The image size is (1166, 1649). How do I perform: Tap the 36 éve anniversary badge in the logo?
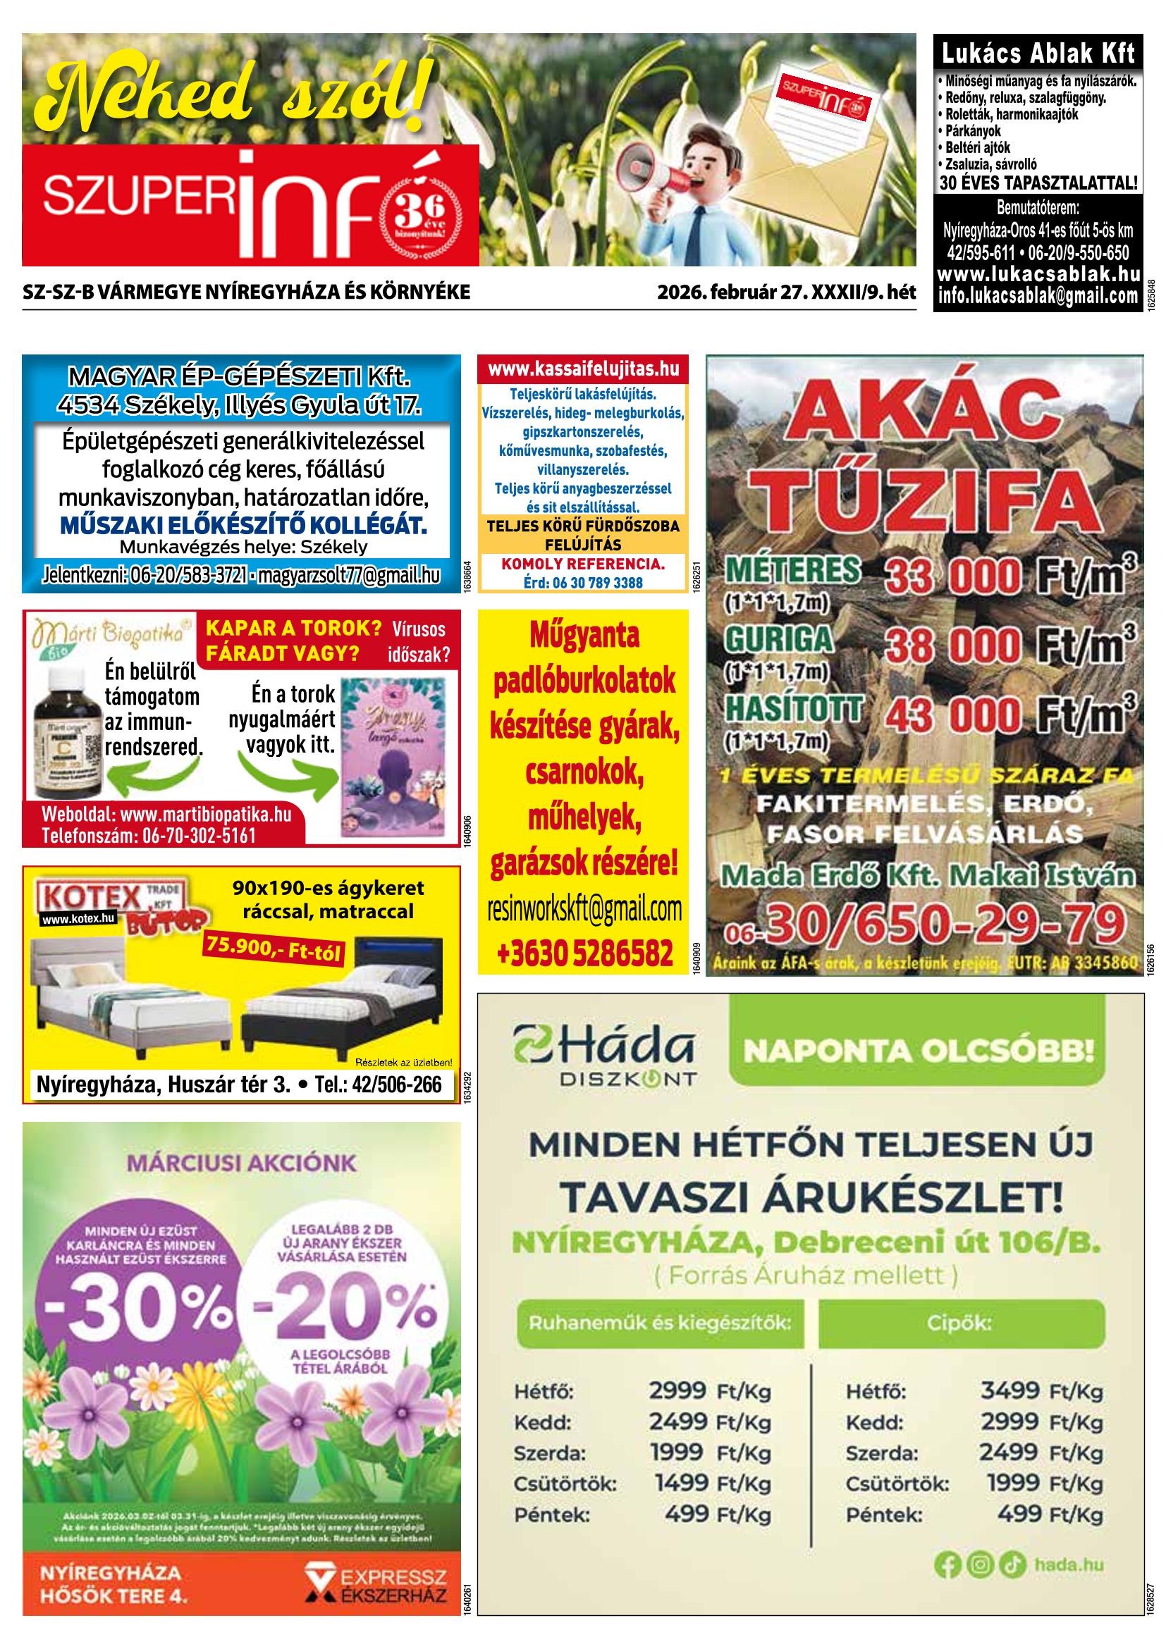click(x=421, y=216)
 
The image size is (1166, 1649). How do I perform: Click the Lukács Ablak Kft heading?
click(x=1038, y=53)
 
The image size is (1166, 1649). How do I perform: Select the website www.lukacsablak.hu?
click(x=1038, y=274)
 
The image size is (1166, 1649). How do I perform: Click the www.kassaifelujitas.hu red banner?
click(x=584, y=369)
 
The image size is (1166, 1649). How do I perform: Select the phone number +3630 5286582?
click(x=584, y=953)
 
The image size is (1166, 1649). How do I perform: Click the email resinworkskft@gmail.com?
click(x=584, y=910)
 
